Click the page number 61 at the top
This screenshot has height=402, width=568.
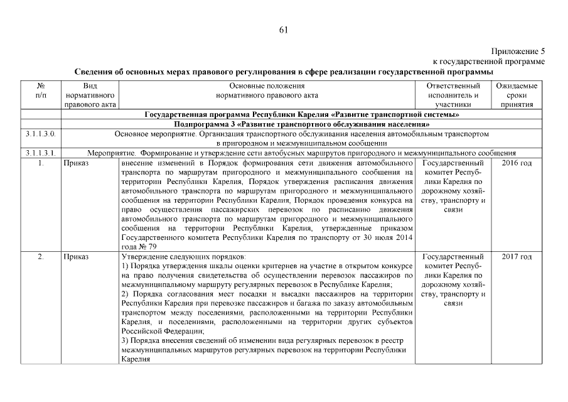click(x=283, y=29)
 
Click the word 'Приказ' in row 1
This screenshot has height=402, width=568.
click(x=76, y=163)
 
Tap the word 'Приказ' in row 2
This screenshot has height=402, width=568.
click(x=76, y=257)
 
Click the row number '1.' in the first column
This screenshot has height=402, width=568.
click(x=40, y=163)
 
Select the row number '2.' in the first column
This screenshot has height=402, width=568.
click(x=40, y=257)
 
